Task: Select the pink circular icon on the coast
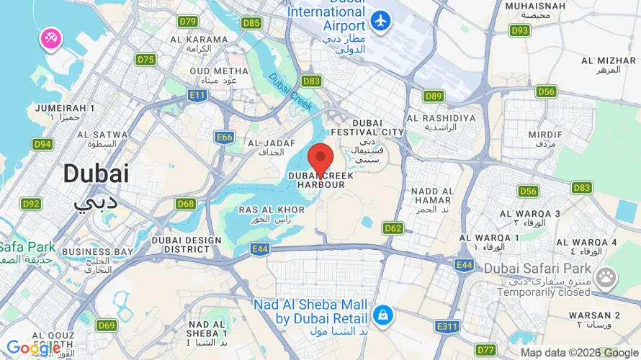[x=50, y=40]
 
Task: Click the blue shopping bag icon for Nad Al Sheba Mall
[x=382, y=315]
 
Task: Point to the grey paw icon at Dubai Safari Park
[x=606, y=276]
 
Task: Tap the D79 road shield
[x=187, y=22]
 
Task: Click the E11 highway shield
[x=197, y=94]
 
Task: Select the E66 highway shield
[x=225, y=137]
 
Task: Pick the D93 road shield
[x=519, y=30]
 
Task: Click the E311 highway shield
[x=447, y=327]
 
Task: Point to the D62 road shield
[x=393, y=228]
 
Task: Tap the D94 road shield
[x=42, y=144]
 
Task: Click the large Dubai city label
[x=96, y=174]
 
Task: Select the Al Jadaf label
[x=266, y=148]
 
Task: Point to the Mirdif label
[x=544, y=139]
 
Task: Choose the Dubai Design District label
[x=181, y=245]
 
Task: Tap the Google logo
[x=33, y=348]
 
